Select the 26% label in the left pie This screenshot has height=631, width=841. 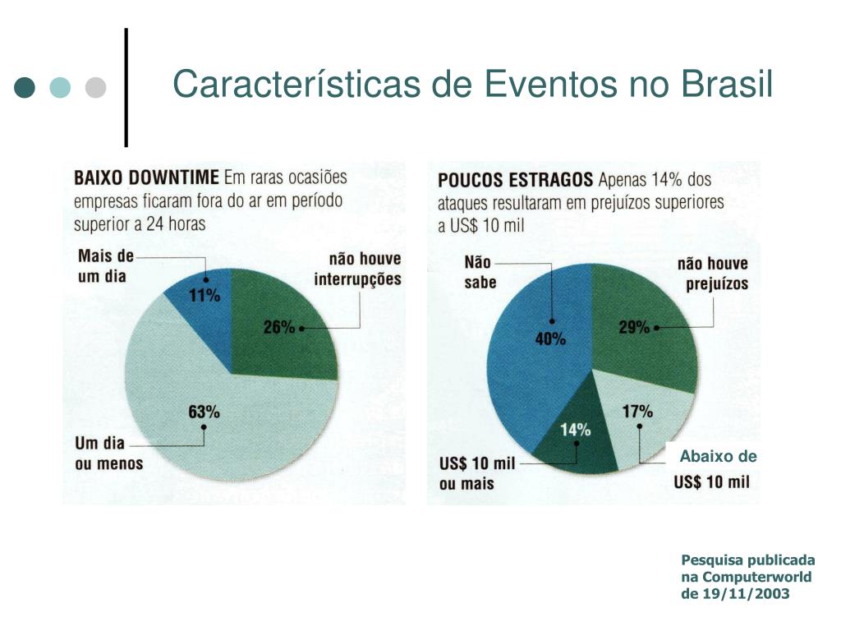click(x=278, y=327)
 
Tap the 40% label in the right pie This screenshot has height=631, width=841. click(x=551, y=339)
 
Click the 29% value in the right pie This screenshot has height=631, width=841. click(x=633, y=327)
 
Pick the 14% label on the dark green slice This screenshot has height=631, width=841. click(x=576, y=429)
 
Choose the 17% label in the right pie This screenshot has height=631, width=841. click(x=637, y=412)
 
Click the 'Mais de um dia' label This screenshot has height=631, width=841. click(x=105, y=266)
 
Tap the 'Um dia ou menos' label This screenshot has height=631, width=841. click(x=108, y=454)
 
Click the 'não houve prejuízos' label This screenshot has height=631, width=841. click(x=713, y=274)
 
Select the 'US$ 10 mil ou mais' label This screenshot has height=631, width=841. click(x=477, y=473)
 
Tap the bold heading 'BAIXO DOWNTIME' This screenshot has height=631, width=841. click(x=147, y=177)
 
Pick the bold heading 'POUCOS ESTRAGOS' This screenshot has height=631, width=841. click(x=515, y=179)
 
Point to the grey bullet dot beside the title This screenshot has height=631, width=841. click(x=96, y=87)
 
